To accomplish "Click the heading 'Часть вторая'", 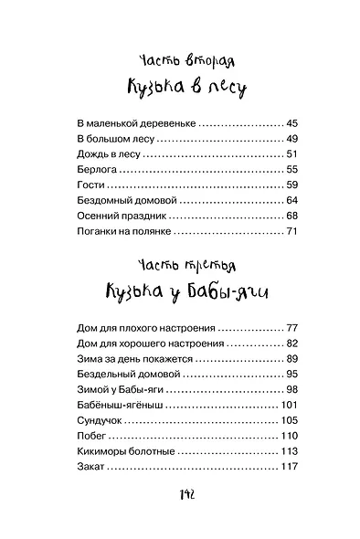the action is [179, 62].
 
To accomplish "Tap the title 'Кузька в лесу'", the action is [179, 89].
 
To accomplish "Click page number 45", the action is [292, 122].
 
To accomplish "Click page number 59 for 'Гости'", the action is [292, 185].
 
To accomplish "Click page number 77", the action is [292, 327].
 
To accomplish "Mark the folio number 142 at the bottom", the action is [180, 494].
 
